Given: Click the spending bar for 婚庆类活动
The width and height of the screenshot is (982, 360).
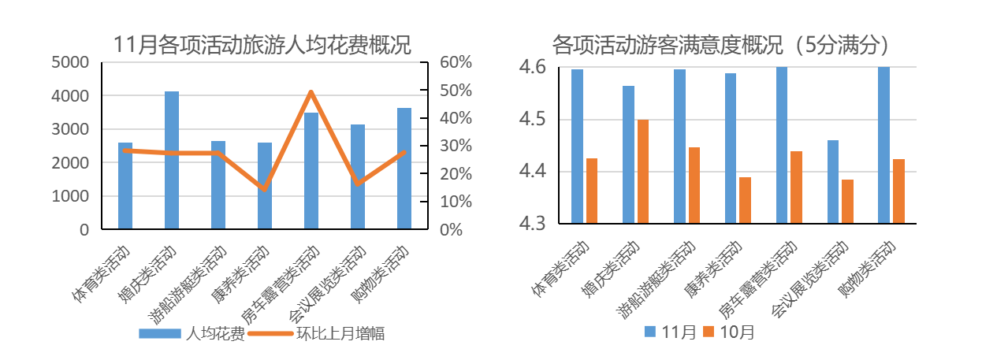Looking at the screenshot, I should pyautogui.click(x=172, y=161).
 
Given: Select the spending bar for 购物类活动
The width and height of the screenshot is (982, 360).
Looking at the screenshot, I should pyautogui.click(x=404, y=169).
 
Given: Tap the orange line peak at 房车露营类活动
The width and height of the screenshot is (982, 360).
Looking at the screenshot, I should pyautogui.click(x=311, y=92).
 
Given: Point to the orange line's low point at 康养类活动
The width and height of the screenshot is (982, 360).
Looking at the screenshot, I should pyautogui.click(x=265, y=189).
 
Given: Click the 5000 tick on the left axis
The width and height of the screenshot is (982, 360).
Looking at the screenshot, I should pyautogui.click(x=70, y=63).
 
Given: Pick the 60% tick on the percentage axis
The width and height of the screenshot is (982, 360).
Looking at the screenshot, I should pyautogui.click(x=455, y=63).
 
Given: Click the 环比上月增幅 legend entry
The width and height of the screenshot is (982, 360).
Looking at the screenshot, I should pyautogui.click(x=315, y=333).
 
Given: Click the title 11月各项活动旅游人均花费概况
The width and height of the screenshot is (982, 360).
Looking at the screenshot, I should pyautogui.click(x=262, y=44).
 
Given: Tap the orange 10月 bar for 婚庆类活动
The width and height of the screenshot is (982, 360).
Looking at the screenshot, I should pyautogui.click(x=642, y=172).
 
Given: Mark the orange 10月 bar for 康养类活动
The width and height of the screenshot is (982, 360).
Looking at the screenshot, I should pyautogui.click(x=745, y=200).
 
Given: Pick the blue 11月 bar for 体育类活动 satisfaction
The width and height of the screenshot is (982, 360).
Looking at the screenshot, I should pyautogui.click(x=577, y=147).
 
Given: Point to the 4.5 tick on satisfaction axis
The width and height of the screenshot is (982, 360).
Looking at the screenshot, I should pyautogui.click(x=534, y=120).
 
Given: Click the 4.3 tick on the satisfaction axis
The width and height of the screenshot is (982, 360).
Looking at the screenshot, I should pyautogui.click(x=534, y=224).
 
